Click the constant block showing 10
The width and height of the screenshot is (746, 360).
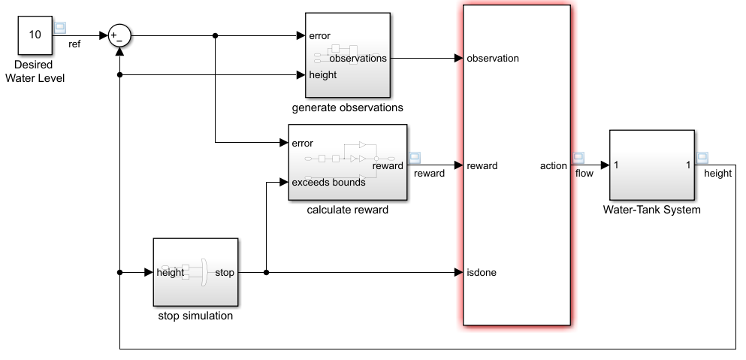35,35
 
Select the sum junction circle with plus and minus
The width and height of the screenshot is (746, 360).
119,36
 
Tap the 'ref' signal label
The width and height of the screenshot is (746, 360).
74,44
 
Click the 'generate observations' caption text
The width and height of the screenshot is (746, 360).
347,107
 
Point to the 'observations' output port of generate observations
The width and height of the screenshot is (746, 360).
358,58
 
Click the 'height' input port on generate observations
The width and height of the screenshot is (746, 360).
323,74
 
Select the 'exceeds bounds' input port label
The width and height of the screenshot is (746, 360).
328,182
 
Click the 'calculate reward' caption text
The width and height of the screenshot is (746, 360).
347,210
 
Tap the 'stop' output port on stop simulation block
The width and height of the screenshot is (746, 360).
224,273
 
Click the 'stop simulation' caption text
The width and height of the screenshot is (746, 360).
195,316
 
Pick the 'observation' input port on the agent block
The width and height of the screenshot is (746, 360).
492,58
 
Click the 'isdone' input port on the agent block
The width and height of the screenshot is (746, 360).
481,273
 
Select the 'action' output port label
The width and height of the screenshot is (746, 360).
553,165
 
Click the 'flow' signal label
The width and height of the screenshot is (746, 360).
584,174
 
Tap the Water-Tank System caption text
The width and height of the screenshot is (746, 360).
651,210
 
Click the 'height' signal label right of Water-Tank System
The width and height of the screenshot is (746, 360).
717,174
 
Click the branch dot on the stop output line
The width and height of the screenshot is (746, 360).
266,273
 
